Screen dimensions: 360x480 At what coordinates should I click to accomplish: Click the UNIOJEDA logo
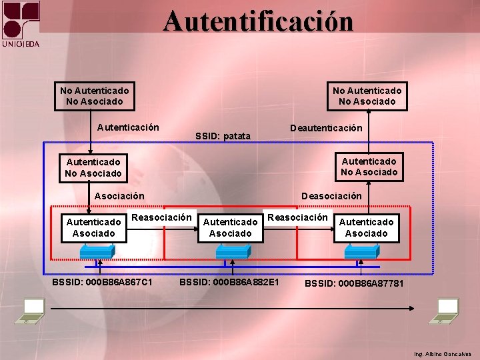(21, 24)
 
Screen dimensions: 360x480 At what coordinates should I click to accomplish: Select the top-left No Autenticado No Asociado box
(94, 95)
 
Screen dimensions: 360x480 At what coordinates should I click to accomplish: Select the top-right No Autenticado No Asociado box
(367, 95)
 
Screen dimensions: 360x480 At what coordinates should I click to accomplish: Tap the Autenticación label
(128, 127)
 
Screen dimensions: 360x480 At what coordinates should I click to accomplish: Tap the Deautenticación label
(326, 128)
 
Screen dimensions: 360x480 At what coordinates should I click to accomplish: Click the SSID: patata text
(223, 136)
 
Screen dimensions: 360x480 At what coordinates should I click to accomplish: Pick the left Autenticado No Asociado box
(93, 167)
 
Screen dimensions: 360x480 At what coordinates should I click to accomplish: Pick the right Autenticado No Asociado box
(369, 167)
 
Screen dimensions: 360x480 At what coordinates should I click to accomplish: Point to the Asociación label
(119, 197)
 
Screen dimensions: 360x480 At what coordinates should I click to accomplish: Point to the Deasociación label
(331, 196)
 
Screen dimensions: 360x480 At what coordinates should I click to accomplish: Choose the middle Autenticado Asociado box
(230, 227)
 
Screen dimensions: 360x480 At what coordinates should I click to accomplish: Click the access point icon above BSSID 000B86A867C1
(97, 251)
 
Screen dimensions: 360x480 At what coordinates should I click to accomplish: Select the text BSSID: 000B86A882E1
(229, 283)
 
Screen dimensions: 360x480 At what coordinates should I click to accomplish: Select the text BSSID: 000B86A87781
(354, 284)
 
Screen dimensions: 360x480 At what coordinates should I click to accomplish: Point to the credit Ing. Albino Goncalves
(442, 353)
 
